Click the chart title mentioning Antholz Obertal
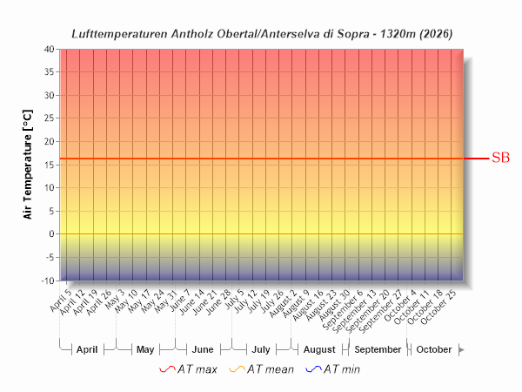261,32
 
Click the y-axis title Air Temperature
28,165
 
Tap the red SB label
500,158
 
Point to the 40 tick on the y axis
49,49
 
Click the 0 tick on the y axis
51,234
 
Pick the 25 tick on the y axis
49,118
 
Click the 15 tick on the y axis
49,165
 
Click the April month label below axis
87,349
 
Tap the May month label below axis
145,349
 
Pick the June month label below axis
203,349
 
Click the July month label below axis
261,349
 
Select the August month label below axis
319,349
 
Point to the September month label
378,349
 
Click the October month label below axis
434,349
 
